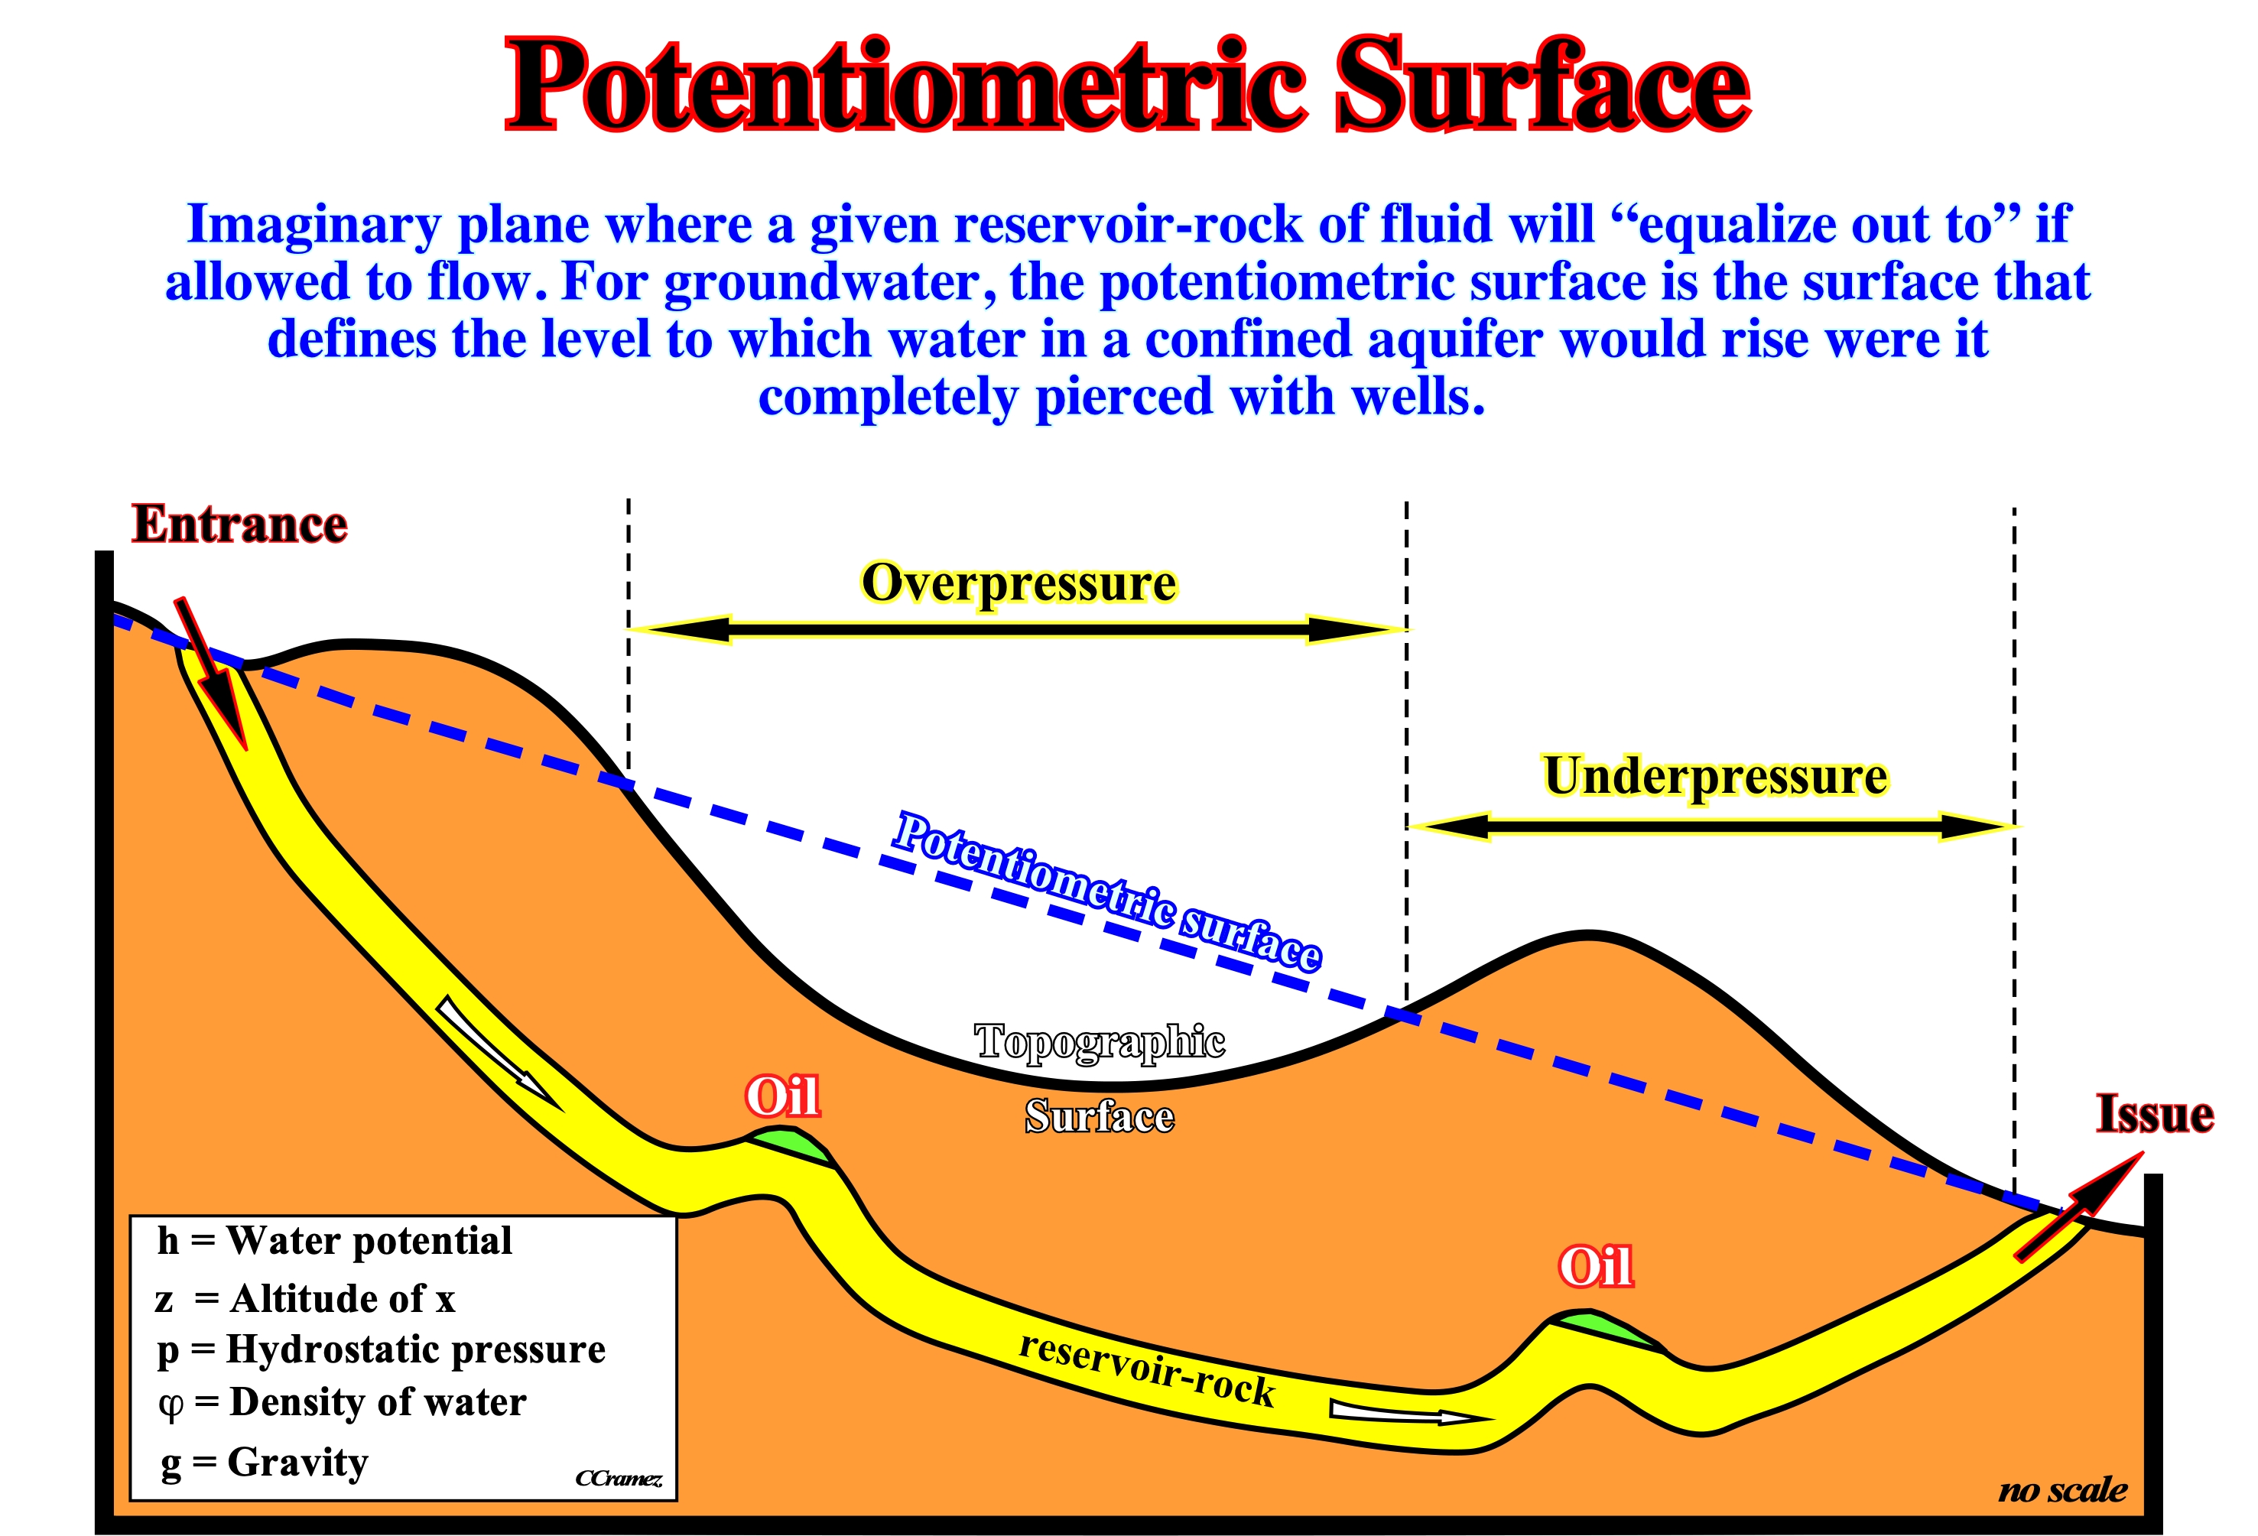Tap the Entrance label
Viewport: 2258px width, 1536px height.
point(239,524)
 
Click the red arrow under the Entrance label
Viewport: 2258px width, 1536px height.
point(212,674)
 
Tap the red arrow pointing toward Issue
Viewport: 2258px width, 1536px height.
point(2079,1206)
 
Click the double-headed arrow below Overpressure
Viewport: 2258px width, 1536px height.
point(1019,629)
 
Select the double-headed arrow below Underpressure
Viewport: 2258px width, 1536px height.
point(1711,826)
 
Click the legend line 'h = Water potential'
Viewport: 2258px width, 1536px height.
point(334,1242)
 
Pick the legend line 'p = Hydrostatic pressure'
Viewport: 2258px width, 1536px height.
point(381,1350)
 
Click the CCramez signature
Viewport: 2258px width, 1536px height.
point(619,1478)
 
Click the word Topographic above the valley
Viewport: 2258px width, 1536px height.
point(1099,1042)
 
